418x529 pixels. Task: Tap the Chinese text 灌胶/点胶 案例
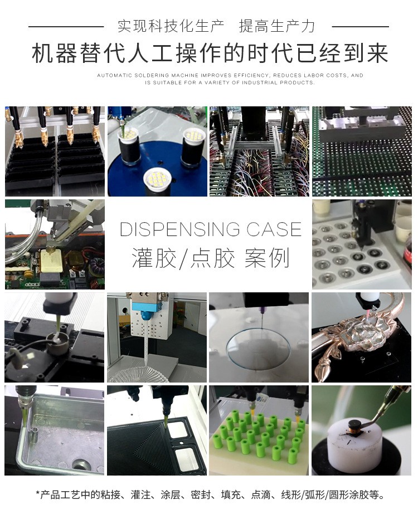[x=211, y=259]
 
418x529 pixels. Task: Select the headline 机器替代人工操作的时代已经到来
[x=209, y=55]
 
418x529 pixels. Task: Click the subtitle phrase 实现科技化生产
[x=171, y=26]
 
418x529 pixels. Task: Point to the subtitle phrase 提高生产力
[x=277, y=26]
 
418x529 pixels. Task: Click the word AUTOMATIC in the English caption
[x=118, y=75]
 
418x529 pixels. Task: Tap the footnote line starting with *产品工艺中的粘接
[x=210, y=494]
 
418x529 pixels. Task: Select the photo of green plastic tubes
[x=259, y=430]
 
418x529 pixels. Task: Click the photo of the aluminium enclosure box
[x=54, y=430]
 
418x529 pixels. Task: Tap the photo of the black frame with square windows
[x=157, y=430]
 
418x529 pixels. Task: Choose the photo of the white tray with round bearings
[x=361, y=244]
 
